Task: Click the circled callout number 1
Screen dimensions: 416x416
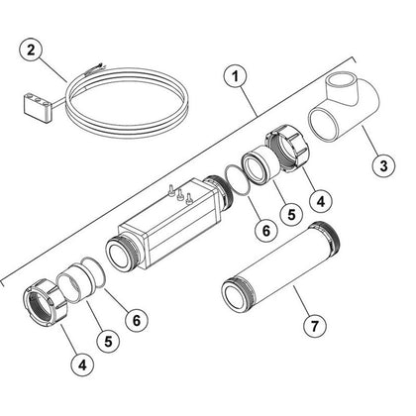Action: (235, 76)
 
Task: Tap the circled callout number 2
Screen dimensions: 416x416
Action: (31, 51)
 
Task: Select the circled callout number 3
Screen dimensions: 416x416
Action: (383, 165)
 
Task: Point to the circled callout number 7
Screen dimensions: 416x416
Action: (315, 326)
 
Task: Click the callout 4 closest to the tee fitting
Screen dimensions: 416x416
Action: (321, 201)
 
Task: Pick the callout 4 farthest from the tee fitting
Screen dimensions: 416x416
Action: (82, 364)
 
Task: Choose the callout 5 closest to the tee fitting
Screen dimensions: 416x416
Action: (291, 215)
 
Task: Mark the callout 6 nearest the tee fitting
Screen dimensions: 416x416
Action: (266, 230)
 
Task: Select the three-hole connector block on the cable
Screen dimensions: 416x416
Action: (38, 106)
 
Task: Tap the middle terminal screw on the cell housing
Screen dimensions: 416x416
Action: (180, 194)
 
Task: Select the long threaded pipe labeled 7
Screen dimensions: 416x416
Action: (281, 268)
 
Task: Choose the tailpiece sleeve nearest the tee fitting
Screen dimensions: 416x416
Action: (261, 165)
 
